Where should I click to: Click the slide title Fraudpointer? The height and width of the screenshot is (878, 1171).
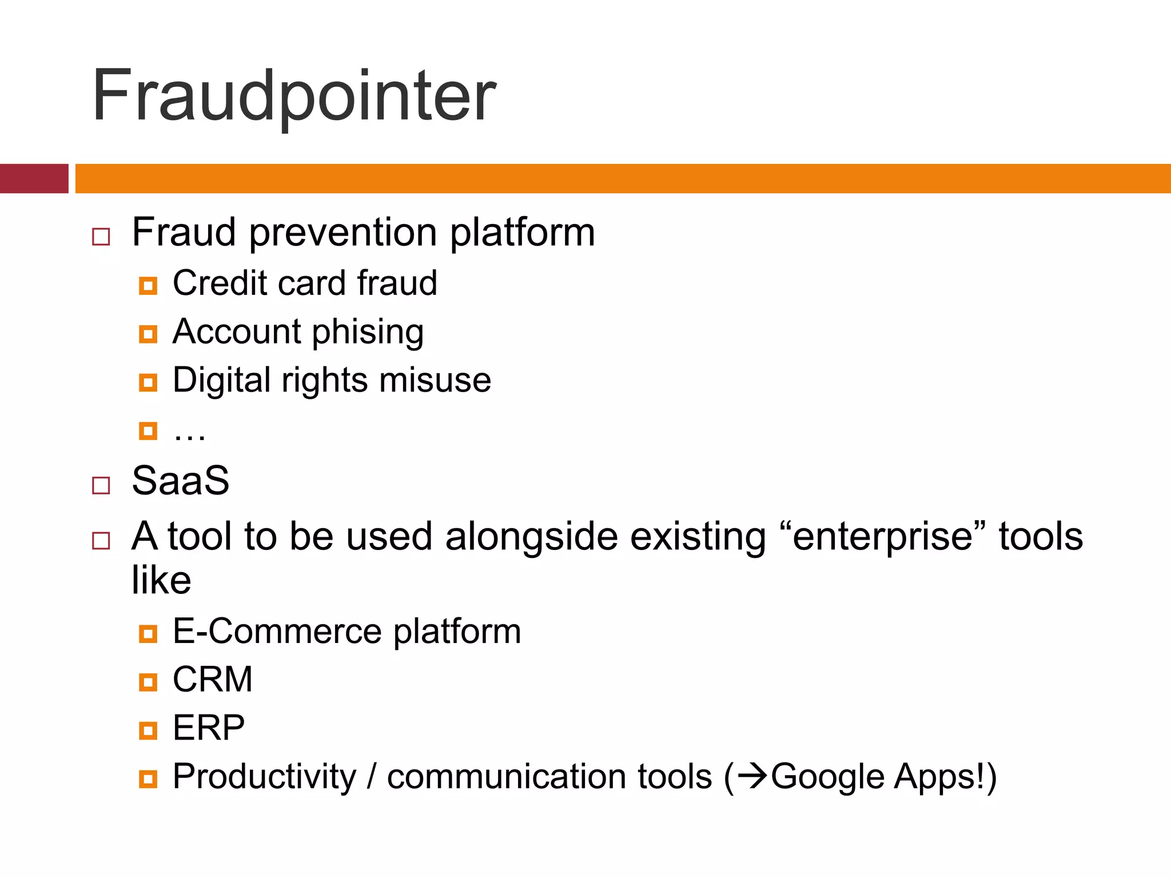(294, 96)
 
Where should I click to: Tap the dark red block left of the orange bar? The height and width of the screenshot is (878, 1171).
(34, 178)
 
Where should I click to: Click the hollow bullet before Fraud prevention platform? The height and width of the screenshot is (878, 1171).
(101, 237)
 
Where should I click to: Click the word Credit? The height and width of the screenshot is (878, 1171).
(220, 283)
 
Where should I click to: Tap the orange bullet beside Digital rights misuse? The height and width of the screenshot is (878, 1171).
(148, 382)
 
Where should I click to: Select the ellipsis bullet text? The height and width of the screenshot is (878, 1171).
(189, 433)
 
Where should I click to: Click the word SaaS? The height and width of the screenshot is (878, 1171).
(181, 481)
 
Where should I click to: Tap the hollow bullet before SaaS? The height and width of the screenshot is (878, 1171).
(101, 485)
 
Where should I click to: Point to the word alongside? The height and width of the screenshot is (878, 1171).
(531, 537)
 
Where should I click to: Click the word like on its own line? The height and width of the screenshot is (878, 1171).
(161, 580)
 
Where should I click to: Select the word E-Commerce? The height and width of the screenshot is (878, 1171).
(277, 632)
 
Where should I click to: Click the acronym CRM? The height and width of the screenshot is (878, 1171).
(213, 680)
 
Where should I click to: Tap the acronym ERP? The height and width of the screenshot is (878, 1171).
(209, 728)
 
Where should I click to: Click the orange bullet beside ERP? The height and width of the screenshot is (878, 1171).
(148, 731)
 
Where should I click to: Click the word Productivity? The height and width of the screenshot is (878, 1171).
(265, 777)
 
